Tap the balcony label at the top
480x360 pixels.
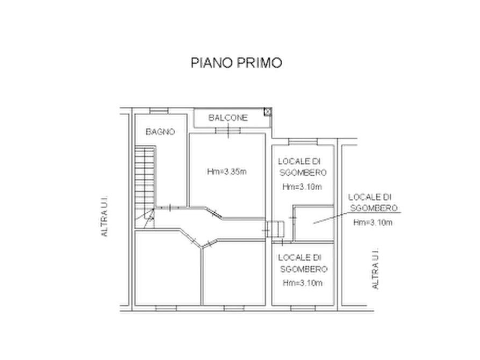pos(228,118)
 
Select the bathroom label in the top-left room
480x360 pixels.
pos(159,131)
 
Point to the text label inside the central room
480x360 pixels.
pos(225,172)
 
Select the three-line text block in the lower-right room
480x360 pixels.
pos(301,270)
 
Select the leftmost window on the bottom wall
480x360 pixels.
pos(165,308)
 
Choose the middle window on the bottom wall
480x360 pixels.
pos(234,308)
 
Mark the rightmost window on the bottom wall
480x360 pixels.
pos(303,308)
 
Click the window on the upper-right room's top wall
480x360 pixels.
pos(303,142)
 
